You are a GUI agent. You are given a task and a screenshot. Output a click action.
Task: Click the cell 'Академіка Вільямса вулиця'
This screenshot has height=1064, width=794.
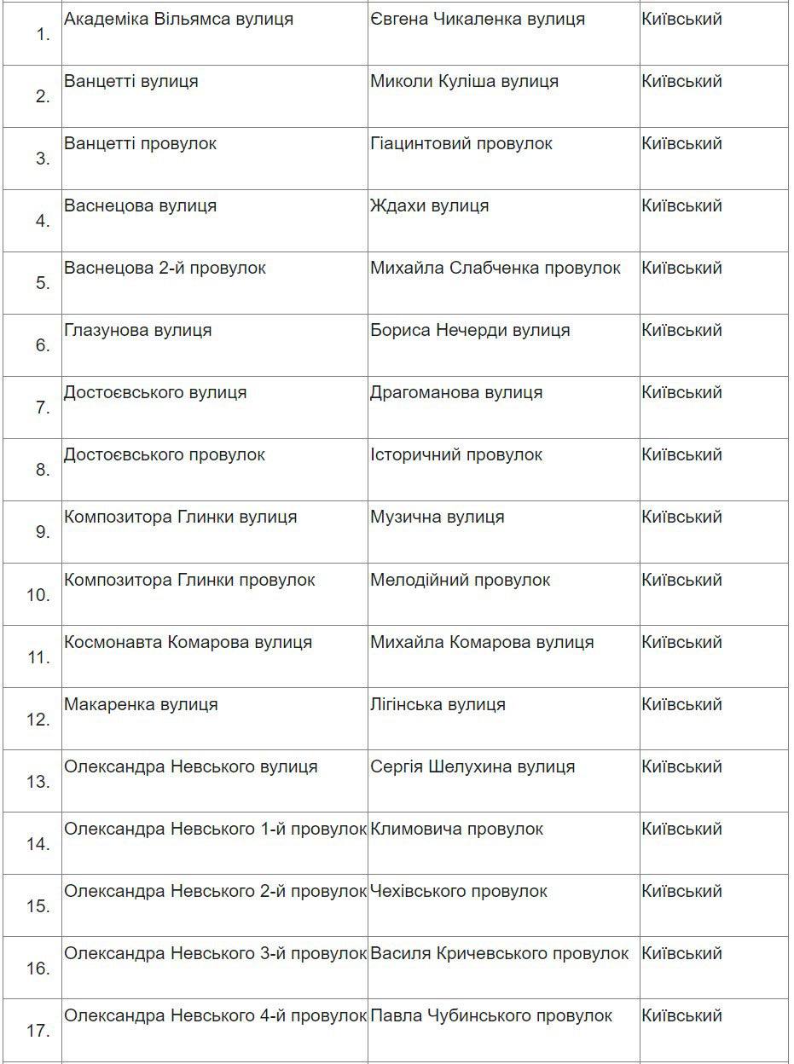pos(178,19)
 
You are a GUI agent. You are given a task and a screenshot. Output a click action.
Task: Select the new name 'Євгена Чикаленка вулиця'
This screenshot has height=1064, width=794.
pos(477,19)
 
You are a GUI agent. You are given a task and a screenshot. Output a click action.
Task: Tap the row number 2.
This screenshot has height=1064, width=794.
pos(43,96)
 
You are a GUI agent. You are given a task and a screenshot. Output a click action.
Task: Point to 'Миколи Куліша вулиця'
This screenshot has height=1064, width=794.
pos(464,81)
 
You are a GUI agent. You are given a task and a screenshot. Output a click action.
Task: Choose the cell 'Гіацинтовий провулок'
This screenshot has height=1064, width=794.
pos(461,143)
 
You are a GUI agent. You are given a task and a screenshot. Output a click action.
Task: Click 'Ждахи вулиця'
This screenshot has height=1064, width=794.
pos(429,205)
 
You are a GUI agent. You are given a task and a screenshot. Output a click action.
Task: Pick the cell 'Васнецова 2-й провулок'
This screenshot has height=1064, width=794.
pos(165,268)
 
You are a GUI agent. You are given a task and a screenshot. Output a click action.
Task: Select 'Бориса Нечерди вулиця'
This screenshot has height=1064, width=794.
pos(470,330)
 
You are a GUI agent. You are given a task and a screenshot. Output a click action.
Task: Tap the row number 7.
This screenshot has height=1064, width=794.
pos(43,408)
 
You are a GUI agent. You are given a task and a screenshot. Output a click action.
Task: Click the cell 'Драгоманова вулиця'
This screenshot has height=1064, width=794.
pos(455,392)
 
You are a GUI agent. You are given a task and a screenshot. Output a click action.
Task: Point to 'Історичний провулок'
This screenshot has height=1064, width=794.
pos(455,454)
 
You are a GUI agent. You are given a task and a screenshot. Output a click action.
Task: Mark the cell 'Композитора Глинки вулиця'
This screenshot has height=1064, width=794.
pos(180,517)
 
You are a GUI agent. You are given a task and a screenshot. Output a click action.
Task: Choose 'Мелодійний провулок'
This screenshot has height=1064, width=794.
pos(460,580)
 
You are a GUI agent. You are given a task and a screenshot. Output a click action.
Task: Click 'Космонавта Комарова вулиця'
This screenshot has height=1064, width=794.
pos(188,642)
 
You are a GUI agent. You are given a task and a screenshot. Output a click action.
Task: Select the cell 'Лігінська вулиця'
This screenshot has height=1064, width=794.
pos(438,704)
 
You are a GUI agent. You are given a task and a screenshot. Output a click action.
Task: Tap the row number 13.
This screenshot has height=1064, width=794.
pos(39,782)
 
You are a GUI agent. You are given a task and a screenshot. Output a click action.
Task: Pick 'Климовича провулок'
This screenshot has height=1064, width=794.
pos(456,829)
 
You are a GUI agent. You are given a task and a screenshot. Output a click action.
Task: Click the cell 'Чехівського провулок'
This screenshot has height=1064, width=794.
pos(458,891)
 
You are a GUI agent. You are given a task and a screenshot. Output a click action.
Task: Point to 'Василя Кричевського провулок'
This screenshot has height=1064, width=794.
pos(499,953)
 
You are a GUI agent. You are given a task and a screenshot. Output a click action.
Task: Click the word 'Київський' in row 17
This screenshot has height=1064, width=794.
pos(681,1015)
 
